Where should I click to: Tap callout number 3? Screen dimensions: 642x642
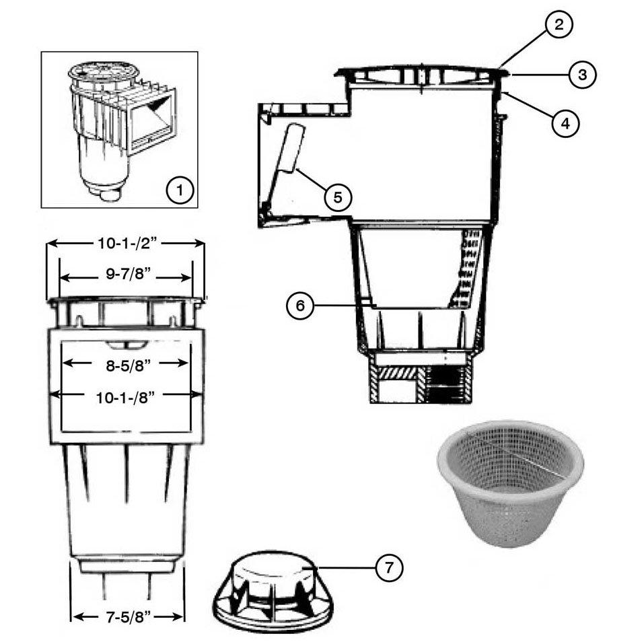coord(581,75)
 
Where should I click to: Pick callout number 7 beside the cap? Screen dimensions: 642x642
coord(388,567)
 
